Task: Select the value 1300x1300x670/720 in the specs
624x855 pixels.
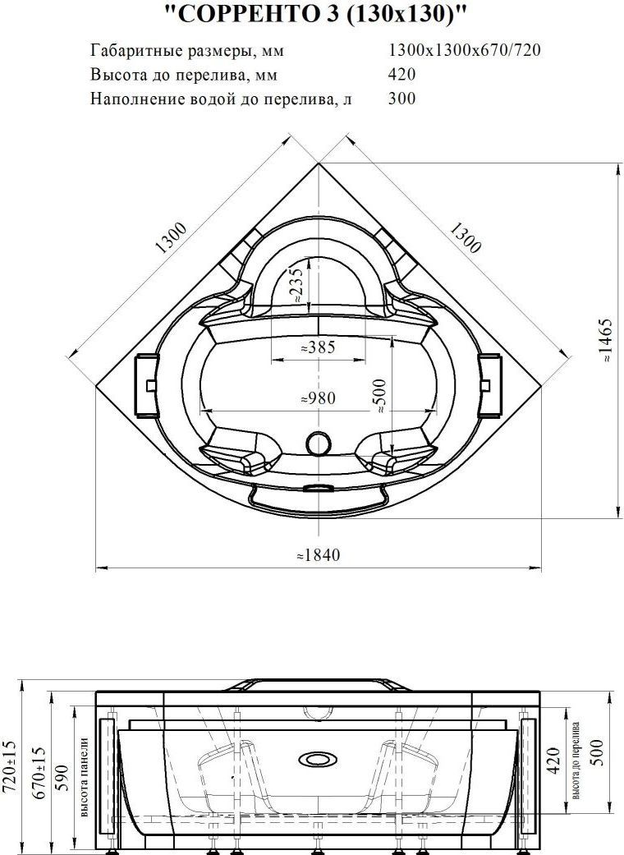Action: (465, 50)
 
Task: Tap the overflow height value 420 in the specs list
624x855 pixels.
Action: (401, 74)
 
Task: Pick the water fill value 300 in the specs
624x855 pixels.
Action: (401, 99)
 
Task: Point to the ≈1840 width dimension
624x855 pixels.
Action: (318, 554)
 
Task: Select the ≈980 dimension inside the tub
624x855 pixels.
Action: (319, 398)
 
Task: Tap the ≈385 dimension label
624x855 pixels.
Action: (319, 347)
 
